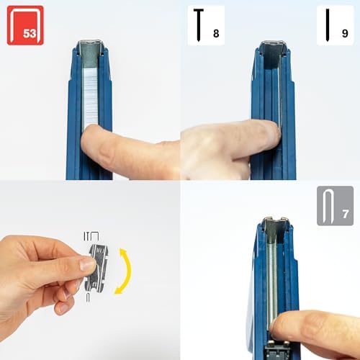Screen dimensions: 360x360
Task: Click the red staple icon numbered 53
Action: (x=25, y=25)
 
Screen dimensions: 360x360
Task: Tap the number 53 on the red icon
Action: (x=30, y=33)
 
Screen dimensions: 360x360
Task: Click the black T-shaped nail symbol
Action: (x=199, y=24)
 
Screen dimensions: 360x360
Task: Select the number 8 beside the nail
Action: (x=216, y=33)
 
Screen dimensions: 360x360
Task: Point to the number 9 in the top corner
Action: (x=345, y=33)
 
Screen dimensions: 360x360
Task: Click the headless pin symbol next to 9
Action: (x=328, y=24)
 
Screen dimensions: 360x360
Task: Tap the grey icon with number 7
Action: (x=335, y=206)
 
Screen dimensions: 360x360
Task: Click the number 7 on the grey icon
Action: (x=346, y=214)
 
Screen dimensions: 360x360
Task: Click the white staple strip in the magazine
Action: (x=91, y=99)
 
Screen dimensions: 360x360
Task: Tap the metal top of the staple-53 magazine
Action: (x=90, y=45)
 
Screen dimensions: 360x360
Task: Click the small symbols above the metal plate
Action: (x=91, y=236)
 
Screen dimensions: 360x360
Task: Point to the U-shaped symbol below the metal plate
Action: (x=88, y=297)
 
